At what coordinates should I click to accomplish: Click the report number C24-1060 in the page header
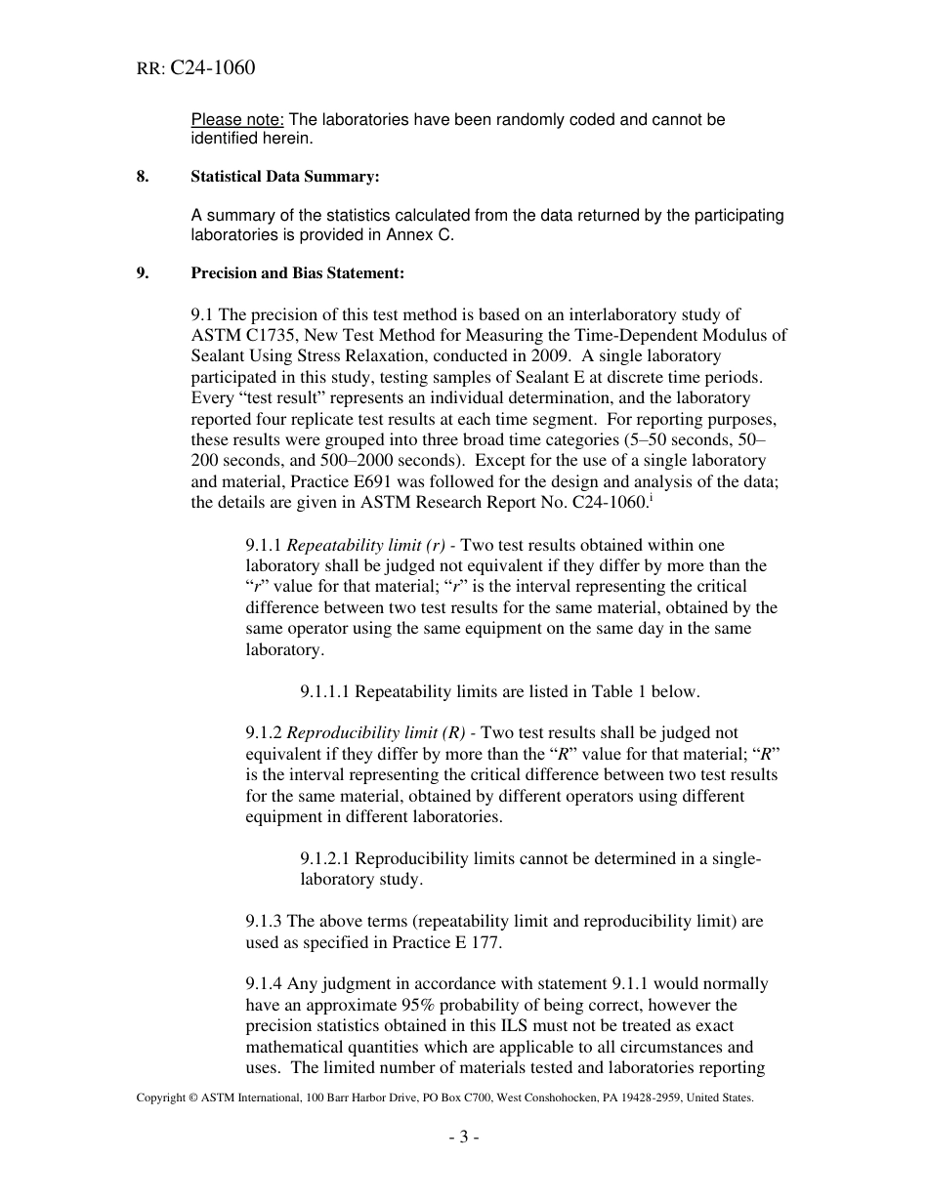[x=212, y=68]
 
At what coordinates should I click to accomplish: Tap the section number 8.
[x=142, y=177]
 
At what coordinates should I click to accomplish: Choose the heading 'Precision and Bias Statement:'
[x=297, y=274]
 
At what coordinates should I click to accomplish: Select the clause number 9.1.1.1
[x=324, y=692]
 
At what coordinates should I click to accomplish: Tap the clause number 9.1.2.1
[x=324, y=859]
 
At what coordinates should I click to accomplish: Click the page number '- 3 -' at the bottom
[x=463, y=1137]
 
